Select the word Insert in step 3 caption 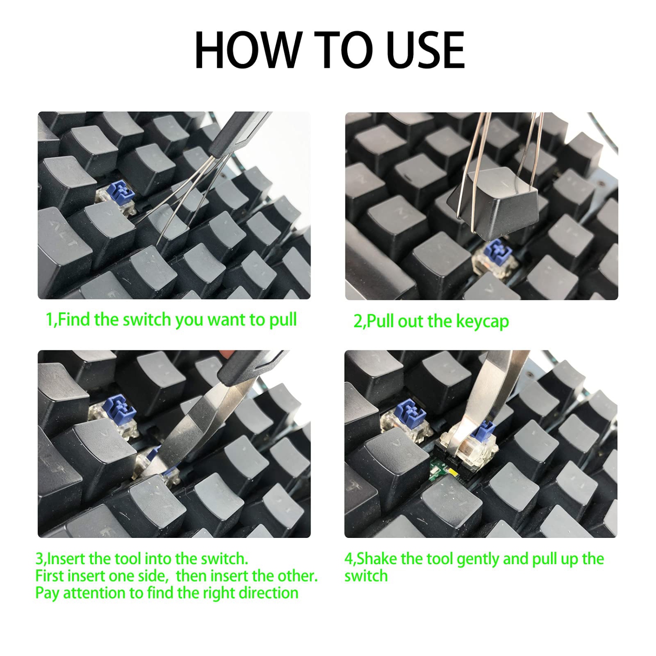pos(66,559)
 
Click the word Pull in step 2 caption pos(381,321)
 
